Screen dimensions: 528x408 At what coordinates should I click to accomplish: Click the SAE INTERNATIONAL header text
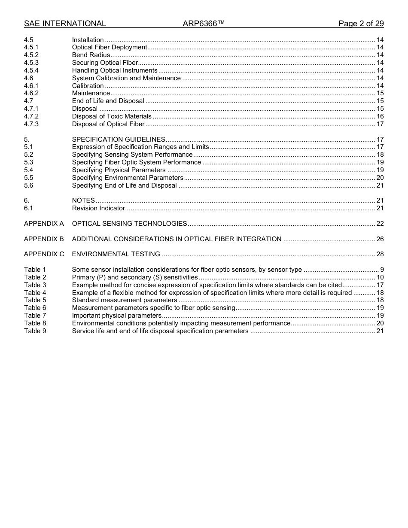(x=65, y=24)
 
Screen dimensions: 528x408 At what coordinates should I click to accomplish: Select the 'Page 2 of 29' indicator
(x=361, y=24)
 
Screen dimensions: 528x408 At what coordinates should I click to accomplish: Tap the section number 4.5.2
(x=31, y=55)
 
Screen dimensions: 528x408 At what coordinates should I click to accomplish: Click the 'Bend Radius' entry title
(x=91, y=55)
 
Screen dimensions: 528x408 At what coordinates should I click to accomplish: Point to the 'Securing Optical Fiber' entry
(x=105, y=63)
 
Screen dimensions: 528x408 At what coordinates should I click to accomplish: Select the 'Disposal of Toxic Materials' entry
(x=112, y=116)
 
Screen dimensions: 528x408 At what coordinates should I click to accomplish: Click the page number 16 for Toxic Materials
(x=380, y=116)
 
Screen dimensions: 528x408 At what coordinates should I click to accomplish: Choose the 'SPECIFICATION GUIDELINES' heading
(x=119, y=140)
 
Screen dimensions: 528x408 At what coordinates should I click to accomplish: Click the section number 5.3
(x=28, y=162)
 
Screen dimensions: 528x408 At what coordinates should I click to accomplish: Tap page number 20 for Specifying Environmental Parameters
(x=380, y=178)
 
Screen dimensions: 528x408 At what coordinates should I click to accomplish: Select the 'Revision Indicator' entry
(x=98, y=208)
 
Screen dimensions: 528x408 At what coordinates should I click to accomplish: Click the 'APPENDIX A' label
(x=44, y=224)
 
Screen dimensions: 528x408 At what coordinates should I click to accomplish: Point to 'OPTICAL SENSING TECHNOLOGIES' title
(x=129, y=224)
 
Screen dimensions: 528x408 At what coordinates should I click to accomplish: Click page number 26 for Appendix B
(x=380, y=239)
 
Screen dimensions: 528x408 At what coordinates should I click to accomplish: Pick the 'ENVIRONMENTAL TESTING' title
(x=116, y=254)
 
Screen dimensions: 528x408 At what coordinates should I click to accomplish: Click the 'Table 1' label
(x=35, y=270)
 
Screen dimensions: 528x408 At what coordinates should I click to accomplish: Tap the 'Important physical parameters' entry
(x=116, y=316)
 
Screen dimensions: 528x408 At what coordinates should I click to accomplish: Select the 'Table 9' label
(x=35, y=331)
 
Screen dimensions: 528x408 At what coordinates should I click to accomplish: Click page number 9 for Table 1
(x=382, y=270)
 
